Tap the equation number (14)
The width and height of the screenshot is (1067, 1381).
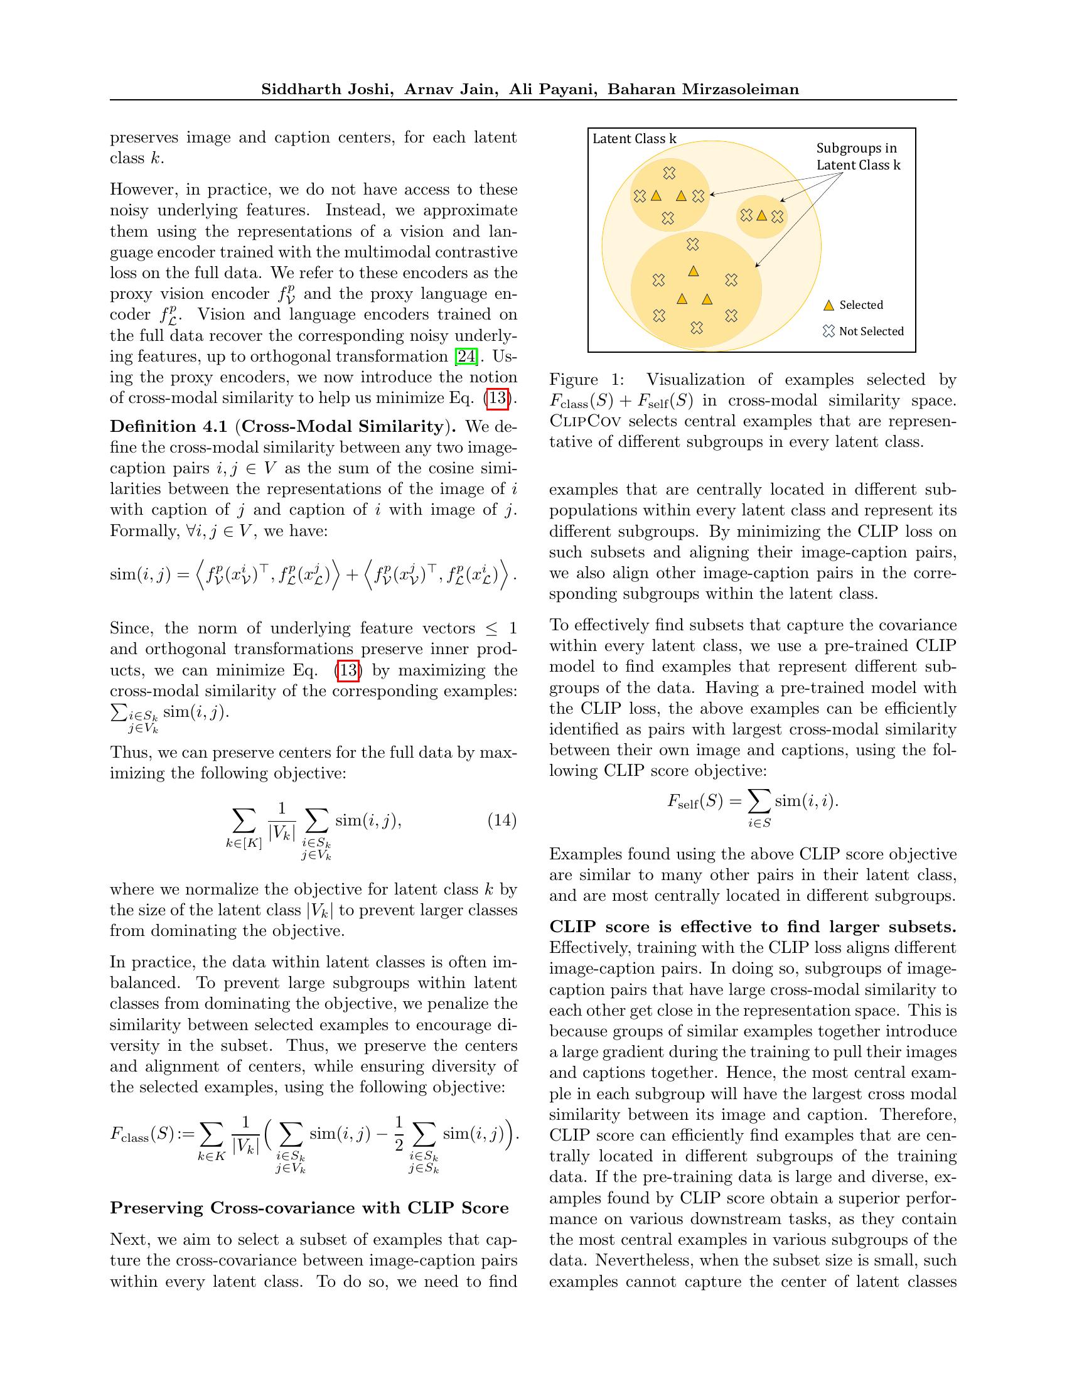502,821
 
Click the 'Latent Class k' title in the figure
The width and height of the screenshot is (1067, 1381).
634,139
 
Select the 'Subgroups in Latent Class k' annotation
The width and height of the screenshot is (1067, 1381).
858,157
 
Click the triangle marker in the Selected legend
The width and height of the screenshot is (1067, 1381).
828,306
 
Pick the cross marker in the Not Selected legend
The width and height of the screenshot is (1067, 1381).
828,331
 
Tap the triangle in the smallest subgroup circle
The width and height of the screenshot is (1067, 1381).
762,215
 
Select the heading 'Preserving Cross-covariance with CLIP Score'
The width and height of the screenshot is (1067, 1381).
309,1208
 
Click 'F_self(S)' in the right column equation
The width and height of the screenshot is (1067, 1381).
695,802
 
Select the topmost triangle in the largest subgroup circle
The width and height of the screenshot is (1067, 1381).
694,271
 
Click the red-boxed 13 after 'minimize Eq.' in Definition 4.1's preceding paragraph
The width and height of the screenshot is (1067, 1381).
498,399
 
